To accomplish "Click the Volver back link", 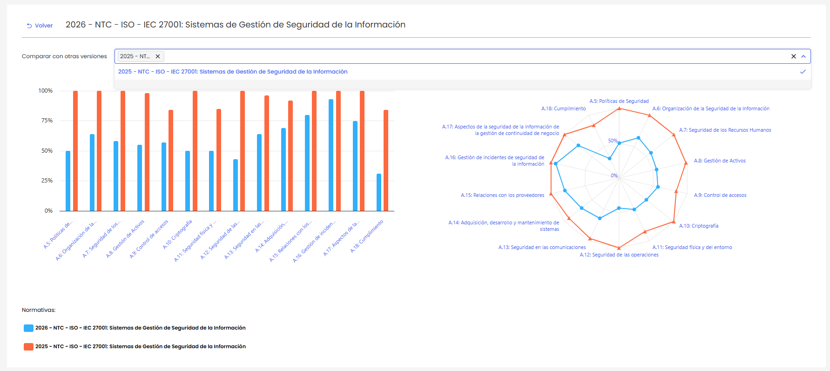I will coord(40,26).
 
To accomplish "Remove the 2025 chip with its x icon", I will coord(158,56).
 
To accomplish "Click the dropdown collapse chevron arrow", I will coord(803,56).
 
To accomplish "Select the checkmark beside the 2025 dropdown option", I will coord(803,72).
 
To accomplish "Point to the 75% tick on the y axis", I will coord(47,121).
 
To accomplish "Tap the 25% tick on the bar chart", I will coord(47,181).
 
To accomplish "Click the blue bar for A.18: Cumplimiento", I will coord(379,192).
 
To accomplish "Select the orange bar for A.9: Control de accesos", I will coord(171,161).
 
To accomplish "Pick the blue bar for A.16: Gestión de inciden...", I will coord(331,155).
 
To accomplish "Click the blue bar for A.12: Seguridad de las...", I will coord(236,185).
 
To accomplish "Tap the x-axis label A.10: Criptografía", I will coord(177,234).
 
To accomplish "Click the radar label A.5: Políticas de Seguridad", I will coord(619,101).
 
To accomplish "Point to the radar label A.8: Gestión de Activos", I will coord(720,161).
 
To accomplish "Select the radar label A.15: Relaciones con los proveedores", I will coord(502,195).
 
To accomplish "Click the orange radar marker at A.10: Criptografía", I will coord(674,222).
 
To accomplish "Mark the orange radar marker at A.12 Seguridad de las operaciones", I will coord(619,248).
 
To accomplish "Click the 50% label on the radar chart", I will coord(613,141).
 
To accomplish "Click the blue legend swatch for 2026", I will coord(28,328).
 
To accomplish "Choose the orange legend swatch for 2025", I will coord(28,347).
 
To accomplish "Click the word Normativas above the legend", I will coord(39,310).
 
